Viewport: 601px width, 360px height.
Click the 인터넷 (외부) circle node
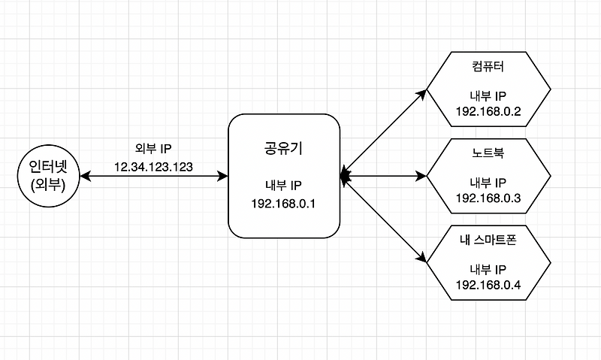pos(48,177)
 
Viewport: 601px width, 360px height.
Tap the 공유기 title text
pos(280,147)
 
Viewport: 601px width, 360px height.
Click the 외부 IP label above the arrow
pos(153,149)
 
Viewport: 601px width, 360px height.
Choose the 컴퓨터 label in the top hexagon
pos(488,68)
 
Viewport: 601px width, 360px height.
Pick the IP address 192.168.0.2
pos(488,112)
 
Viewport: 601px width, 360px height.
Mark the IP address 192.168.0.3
pos(488,198)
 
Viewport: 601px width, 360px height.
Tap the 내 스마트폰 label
pos(488,240)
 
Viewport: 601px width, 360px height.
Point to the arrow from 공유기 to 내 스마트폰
pos(383,219)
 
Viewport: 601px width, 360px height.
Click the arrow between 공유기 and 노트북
pos(383,177)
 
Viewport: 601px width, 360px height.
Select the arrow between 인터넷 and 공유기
pos(153,177)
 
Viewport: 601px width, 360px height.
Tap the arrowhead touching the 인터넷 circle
pos(83,177)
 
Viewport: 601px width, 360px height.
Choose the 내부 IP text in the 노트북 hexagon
pos(488,182)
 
